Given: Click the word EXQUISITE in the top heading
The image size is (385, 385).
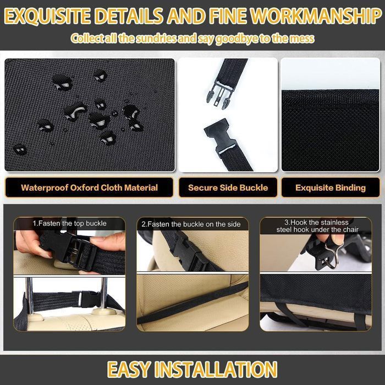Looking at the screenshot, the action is [x=47, y=16].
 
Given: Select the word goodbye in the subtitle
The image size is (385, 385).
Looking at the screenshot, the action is [x=237, y=39].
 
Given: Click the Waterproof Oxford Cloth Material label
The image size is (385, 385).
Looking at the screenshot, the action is [x=89, y=188].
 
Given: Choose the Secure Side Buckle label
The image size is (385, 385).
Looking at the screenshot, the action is [x=228, y=188].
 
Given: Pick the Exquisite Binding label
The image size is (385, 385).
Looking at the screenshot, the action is [x=331, y=188].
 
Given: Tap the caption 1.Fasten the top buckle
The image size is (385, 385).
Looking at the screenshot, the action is [x=69, y=223].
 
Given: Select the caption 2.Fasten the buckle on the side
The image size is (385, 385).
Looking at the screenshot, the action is [x=191, y=224].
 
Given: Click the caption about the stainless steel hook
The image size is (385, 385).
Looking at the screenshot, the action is [x=317, y=226].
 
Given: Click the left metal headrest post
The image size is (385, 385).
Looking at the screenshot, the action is [x=29, y=295].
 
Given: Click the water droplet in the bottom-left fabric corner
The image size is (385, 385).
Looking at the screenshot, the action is [x=20, y=149].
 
